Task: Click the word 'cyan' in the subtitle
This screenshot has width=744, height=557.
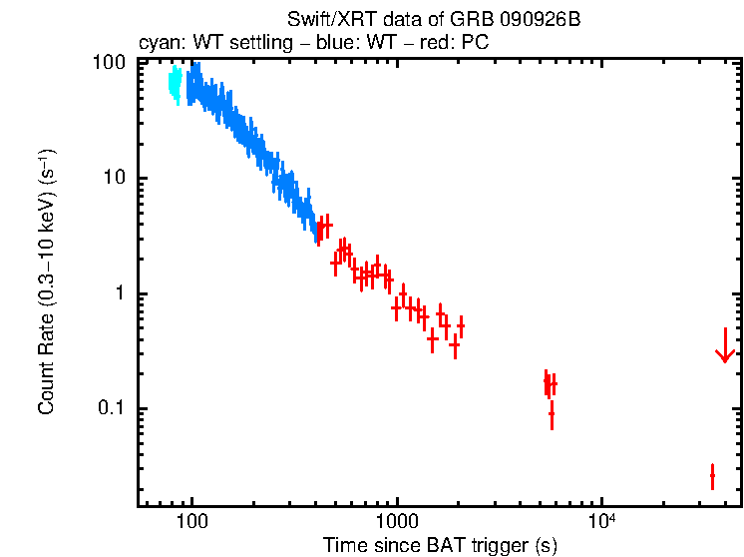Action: point(157,45)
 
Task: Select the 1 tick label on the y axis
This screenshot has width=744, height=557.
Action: point(120,293)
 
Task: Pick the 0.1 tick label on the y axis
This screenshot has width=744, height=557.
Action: point(111,409)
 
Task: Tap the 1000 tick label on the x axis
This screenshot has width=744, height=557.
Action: point(397,522)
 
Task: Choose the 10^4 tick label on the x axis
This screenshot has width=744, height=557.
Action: point(600,521)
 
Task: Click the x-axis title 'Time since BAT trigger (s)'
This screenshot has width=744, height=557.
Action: point(440,545)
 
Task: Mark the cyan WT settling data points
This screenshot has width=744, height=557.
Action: point(176,84)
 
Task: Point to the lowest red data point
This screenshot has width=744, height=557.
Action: point(712,476)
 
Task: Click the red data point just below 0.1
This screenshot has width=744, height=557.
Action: point(552,412)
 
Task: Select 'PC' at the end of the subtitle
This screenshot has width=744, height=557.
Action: point(476,45)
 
